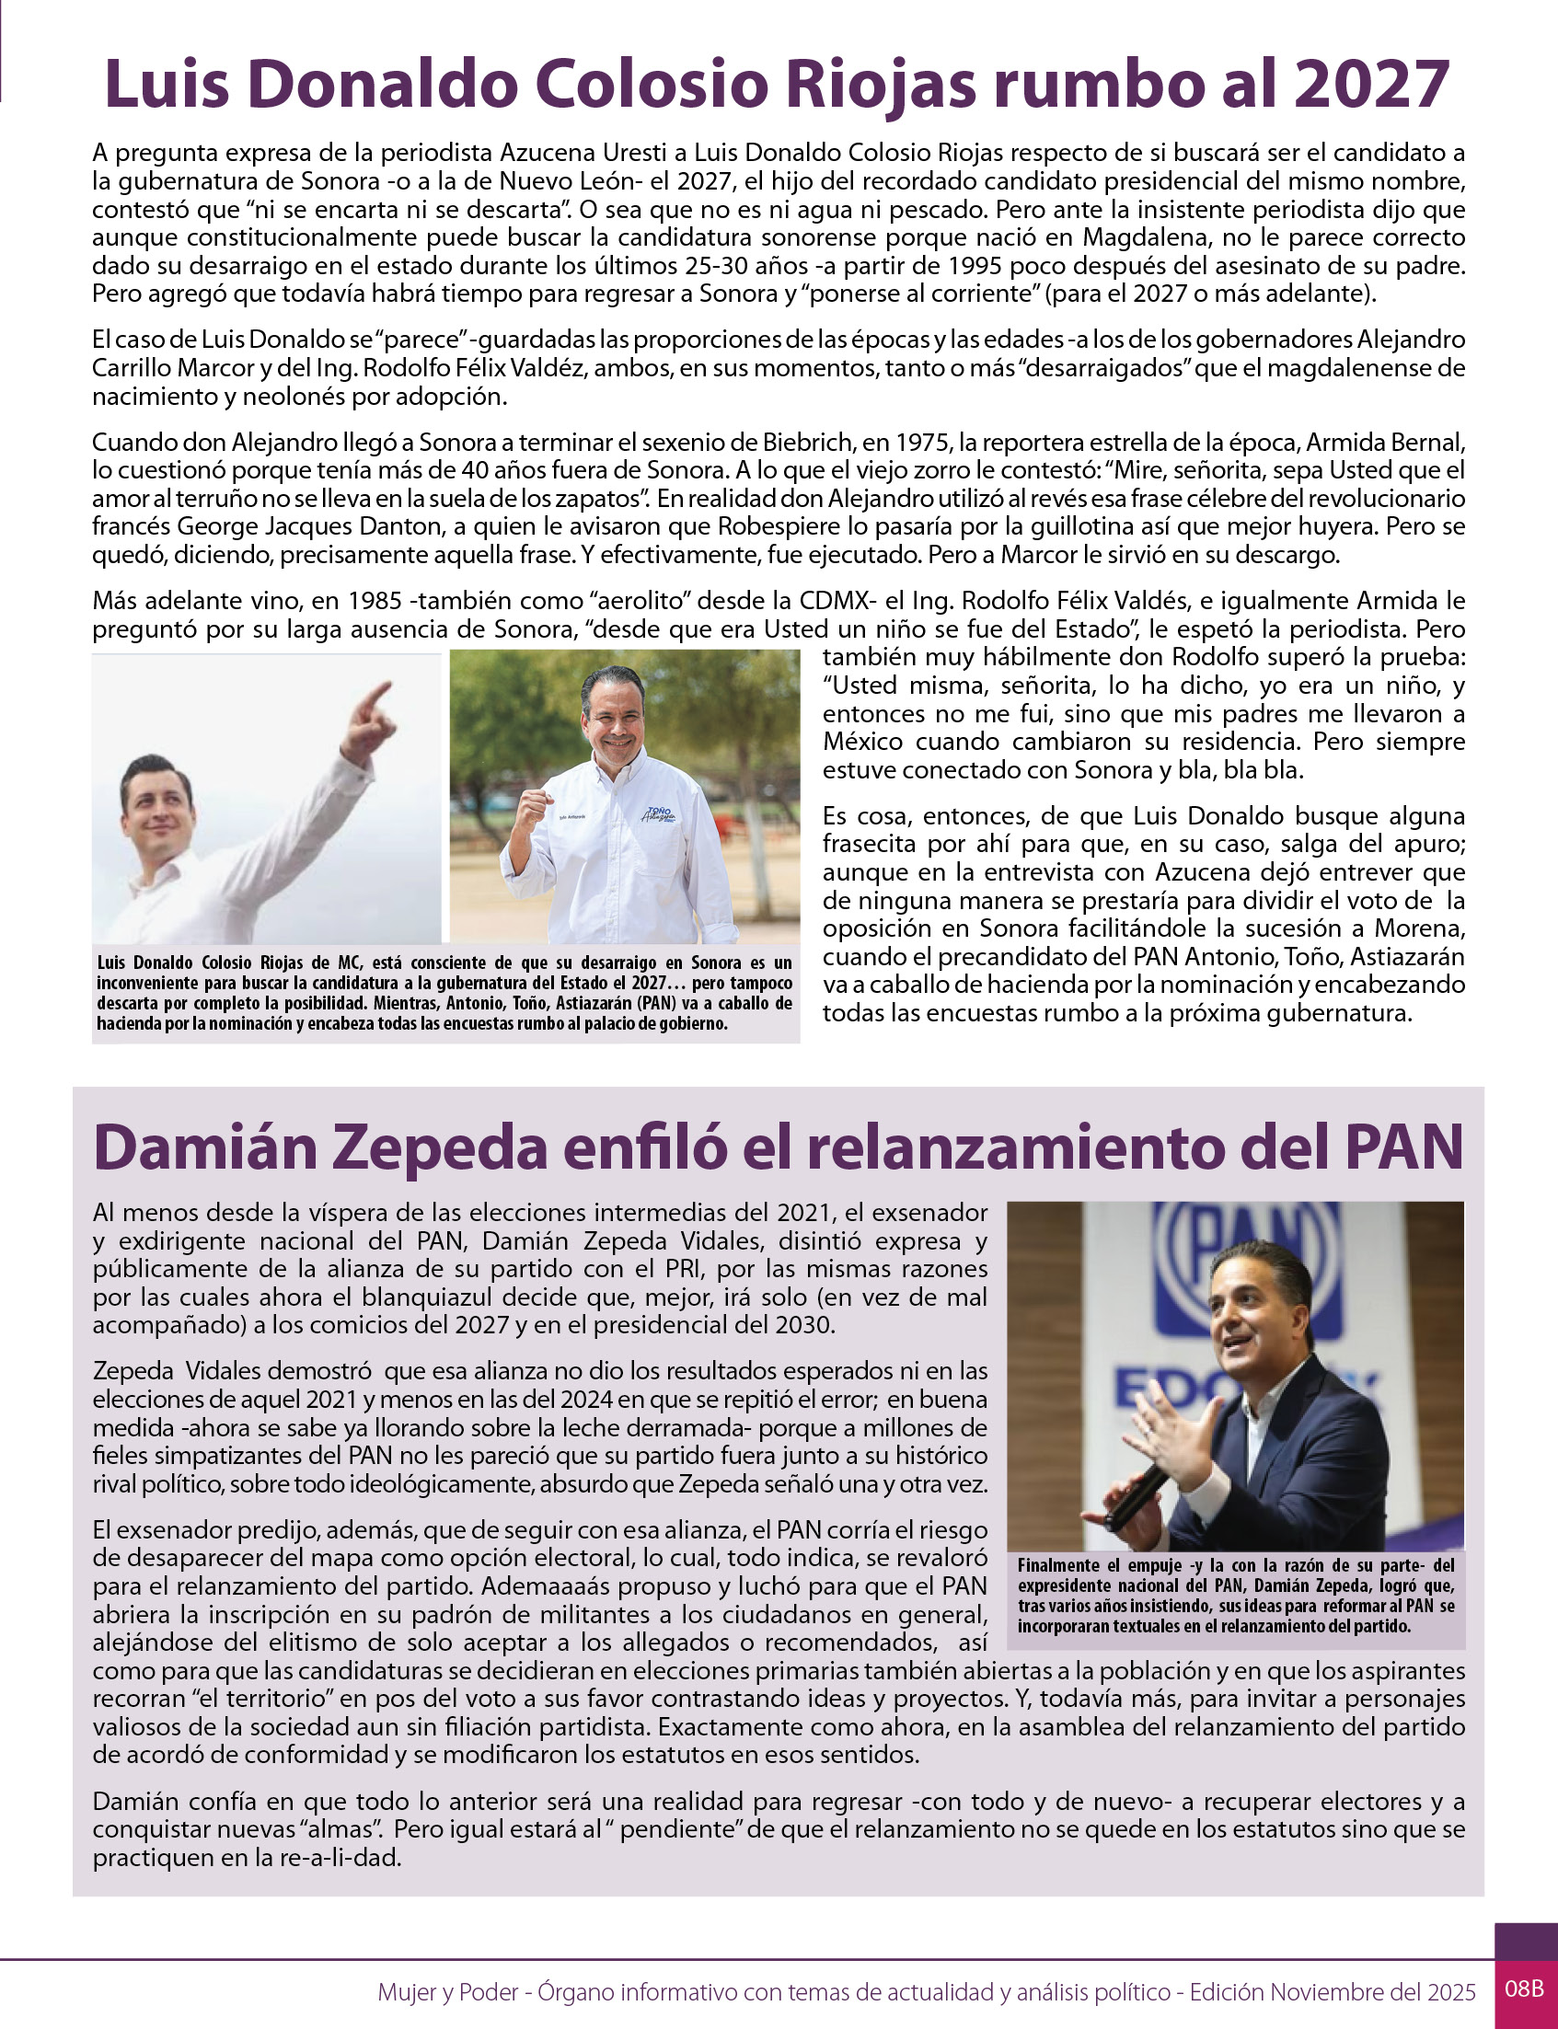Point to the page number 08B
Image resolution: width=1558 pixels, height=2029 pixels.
tap(1524, 1989)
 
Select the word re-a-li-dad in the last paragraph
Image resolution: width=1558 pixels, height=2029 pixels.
tap(340, 1859)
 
